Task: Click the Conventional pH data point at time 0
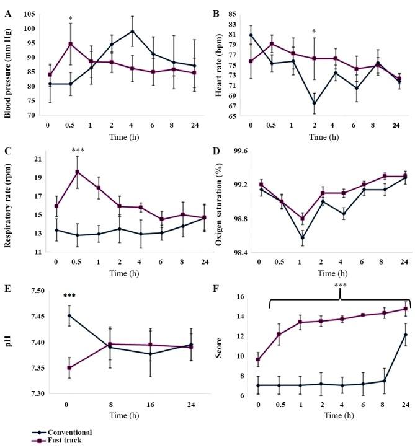coord(69,315)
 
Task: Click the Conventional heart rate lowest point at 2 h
coord(315,103)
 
